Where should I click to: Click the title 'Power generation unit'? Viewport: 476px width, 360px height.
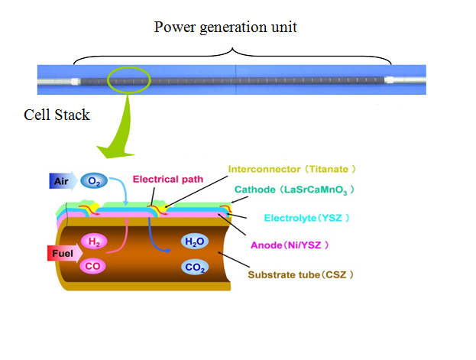[x=225, y=28]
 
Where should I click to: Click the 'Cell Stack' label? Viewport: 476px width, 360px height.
[x=57, y=115]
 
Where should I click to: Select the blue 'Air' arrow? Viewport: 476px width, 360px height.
[x=63, y=181]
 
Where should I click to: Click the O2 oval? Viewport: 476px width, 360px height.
[x=94, y=180]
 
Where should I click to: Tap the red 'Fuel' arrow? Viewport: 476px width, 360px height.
[x=65, y=253]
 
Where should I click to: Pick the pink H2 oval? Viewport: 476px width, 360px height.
[x=94, y=242]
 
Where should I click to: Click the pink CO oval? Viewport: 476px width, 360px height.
[x=92, y=266]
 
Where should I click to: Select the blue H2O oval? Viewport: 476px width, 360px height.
[x=194, y=242]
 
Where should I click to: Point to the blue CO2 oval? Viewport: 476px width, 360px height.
[x=195, y=268]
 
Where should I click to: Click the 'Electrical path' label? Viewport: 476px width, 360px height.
[x=168, y=180]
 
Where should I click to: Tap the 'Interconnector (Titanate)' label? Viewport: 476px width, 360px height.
[x=292, y=169]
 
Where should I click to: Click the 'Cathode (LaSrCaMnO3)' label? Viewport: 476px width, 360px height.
[x=294, y=190]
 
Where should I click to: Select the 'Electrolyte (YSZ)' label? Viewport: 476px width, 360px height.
[x=306, y=218]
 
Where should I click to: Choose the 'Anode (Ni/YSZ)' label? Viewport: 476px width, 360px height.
[x=290, y=245]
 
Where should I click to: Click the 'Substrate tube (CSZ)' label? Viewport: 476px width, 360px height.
[x=300, y=274]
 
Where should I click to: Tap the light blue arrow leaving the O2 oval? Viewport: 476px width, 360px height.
[x=124, y=186]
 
